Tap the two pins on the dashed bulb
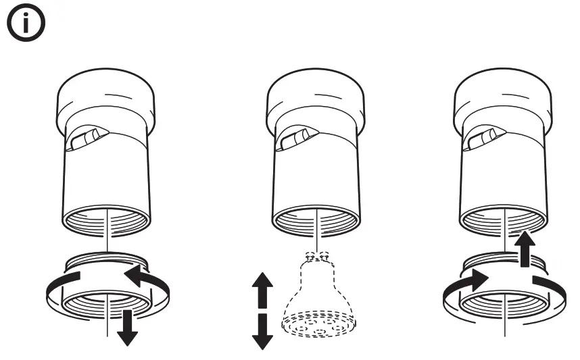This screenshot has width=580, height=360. coord(316,256)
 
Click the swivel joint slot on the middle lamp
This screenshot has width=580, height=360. coord(295,139)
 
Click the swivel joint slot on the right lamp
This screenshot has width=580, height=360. coord(481,139)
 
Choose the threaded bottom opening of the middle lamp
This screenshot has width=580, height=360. coord(316,220)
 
